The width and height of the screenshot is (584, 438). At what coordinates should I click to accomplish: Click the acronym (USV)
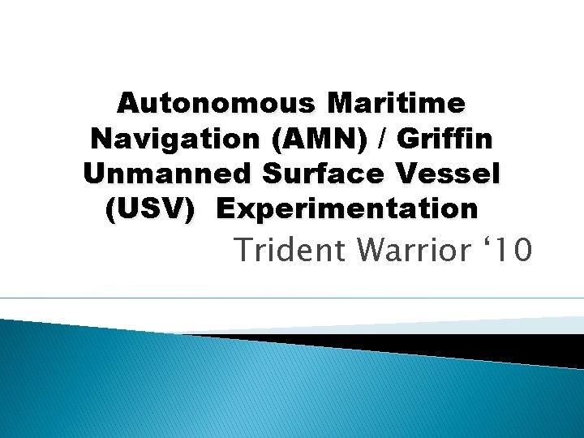click(x=151, y=208)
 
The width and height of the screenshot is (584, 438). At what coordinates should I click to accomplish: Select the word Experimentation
click(x=348, y=208)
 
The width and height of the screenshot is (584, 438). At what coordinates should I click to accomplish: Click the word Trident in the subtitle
click(x=289, y=251)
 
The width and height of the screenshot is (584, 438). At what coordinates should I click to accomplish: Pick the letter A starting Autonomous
click(x=127, y=104)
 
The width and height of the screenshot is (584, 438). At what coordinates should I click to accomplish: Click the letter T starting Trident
click(x=243, y=251)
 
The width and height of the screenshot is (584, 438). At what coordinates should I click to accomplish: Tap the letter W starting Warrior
click(x=370, y=251)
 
